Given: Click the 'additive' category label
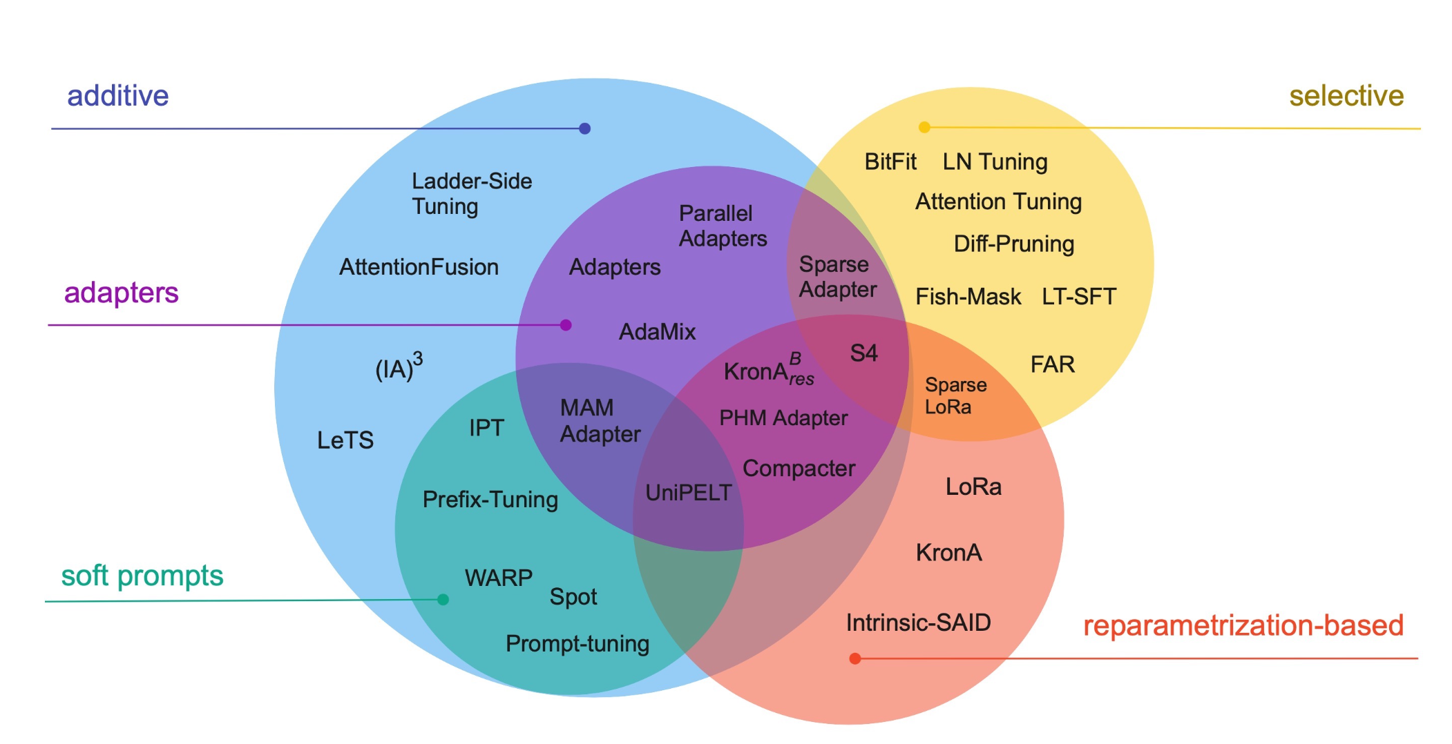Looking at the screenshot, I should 117,96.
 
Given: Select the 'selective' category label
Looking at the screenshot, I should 1346,96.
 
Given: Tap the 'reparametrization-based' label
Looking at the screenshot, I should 1243,625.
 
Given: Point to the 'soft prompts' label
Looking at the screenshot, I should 142,576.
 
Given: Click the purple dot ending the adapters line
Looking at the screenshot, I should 566,325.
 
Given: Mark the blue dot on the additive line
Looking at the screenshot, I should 584,128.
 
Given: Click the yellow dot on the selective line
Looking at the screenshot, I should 924,127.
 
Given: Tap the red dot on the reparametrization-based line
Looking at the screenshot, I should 854,658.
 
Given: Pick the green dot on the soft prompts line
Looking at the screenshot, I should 443,600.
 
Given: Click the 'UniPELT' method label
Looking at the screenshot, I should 688,493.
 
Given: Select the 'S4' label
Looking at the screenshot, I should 863,353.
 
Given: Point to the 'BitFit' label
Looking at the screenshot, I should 890,162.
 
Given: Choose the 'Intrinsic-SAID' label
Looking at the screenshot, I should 918,623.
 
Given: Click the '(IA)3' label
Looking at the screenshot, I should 398,367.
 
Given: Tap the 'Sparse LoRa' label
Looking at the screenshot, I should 955,395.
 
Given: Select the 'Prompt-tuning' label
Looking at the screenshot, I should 577,644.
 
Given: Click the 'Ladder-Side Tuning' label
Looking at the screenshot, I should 471,194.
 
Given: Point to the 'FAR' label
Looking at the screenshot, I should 1052,364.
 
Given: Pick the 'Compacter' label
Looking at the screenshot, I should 799,469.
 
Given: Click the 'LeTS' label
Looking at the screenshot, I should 345,440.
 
